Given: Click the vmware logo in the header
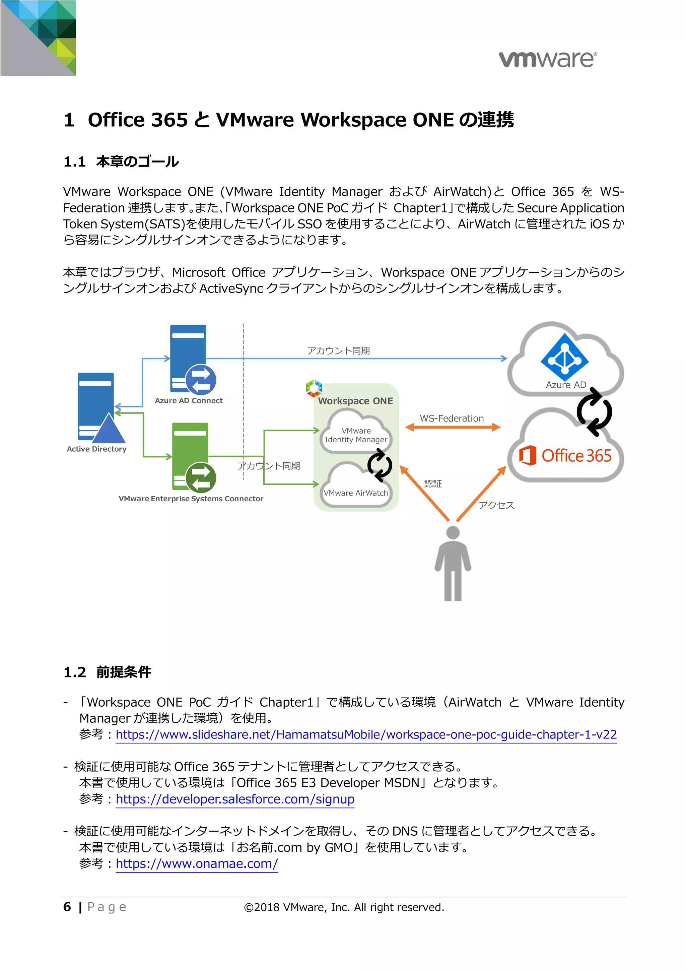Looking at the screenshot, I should tap(548, 59).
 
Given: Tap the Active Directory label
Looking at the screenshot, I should tap(96, 449).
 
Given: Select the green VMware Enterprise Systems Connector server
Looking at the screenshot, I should tap(191, 456).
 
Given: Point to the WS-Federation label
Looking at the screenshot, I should tap(452, 418).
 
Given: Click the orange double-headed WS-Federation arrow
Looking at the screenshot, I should tap(452, 428).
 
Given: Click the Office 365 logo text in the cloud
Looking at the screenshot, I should tap(576, 456).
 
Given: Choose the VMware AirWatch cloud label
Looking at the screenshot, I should tap(355, 493).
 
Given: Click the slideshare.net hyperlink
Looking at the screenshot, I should tap(366, 734).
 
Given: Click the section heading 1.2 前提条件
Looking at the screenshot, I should tap(108, 672).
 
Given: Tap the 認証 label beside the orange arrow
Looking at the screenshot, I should tap(433, 484).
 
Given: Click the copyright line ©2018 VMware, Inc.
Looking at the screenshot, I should tap(344, 907).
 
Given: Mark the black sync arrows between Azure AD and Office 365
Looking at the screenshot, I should tap(594, 412).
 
